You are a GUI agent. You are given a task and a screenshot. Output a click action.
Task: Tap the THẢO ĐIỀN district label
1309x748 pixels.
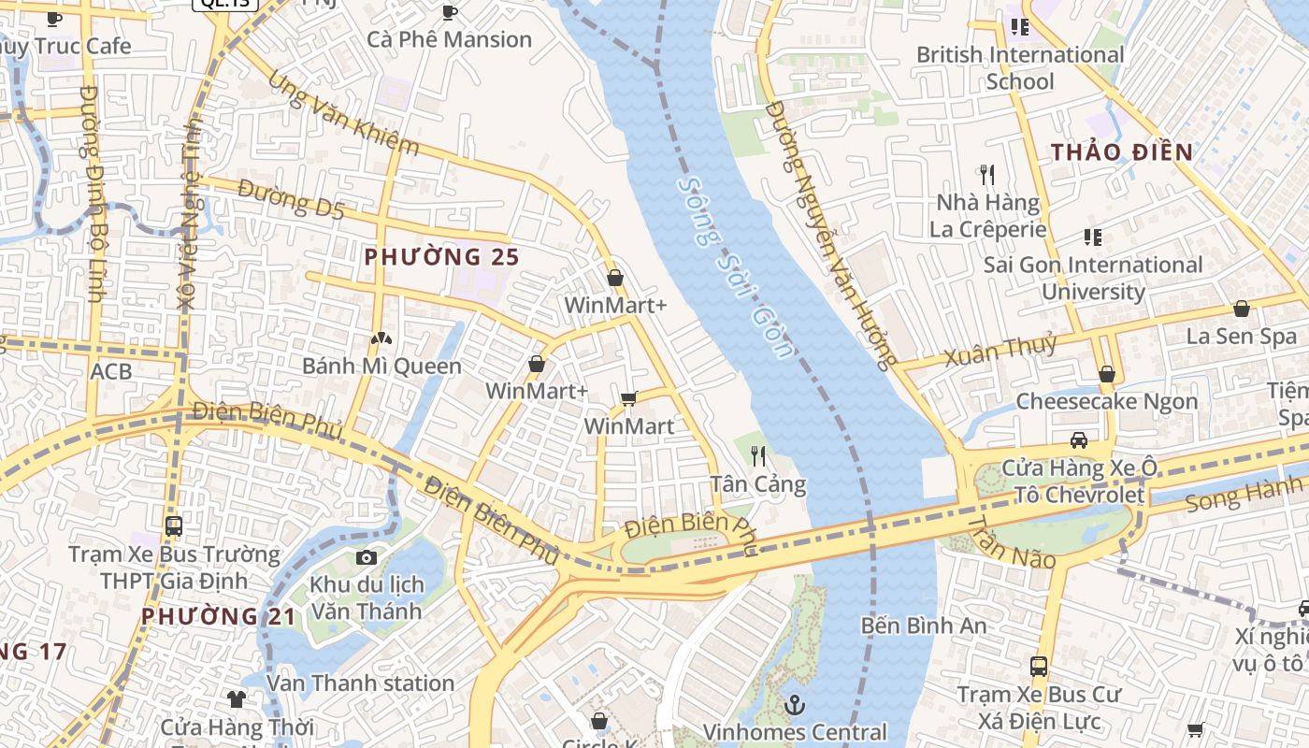(1121, 151)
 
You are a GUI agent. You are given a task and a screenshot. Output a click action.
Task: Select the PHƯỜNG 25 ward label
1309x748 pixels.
(441, 256)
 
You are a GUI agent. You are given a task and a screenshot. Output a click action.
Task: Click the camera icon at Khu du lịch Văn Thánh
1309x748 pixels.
(367, 558)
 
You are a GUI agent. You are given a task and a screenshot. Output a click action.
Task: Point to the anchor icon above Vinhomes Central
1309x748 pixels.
(795, 703)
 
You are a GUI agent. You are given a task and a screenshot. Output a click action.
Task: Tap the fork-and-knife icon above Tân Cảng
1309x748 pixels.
(758, 456)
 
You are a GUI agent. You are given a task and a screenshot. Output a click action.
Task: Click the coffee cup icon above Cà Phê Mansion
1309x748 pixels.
(449, 12)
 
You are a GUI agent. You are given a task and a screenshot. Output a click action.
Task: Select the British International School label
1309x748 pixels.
(1020, 67)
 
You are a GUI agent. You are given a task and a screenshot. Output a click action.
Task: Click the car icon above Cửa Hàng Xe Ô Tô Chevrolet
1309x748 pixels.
(1078, 439)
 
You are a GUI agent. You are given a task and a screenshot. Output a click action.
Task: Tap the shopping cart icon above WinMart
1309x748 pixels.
(629, 399)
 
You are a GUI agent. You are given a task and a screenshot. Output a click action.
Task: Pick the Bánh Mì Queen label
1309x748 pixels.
(381, 366)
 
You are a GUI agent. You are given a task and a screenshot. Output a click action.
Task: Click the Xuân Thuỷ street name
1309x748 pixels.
(1000, 351)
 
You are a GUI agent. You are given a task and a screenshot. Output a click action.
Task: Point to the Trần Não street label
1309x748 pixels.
(1011, 543)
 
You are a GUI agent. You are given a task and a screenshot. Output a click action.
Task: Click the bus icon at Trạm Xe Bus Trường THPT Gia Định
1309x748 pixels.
(174, 525)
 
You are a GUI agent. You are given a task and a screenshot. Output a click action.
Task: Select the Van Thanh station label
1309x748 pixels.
(361, 683)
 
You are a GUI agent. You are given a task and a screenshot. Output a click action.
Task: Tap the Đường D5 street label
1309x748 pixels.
(291, 199)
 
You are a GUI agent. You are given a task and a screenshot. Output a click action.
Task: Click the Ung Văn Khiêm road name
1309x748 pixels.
(343, 113)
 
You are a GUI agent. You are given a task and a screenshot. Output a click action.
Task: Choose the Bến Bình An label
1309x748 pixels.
(924, 625)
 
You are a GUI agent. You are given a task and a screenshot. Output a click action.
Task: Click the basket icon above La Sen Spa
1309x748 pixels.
(1242, 309)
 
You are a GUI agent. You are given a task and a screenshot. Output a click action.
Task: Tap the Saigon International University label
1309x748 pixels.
(1093, 278)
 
